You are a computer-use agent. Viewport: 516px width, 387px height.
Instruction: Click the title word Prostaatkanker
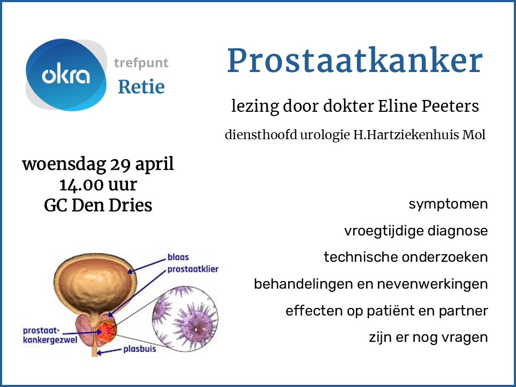pyautogui.click(x=354, y=61)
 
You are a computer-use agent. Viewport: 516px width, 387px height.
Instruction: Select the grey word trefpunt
pyautogui.click(x=141, y=63)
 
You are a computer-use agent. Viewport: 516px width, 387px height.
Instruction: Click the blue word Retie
pyautogui.click(x=141, y=86)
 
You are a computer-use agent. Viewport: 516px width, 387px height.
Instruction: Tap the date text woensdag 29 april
pyautogui.click(x=98, y=164)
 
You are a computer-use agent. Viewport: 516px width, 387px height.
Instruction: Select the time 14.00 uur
pyautogui.click(x=98, y=184)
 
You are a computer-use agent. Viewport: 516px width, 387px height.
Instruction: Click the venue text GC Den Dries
pyautogui.click(x=98, y=205)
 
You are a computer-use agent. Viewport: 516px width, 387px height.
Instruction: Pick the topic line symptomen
pyautogui.click(x=448, y=204)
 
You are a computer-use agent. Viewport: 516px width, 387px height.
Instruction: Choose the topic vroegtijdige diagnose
pyautogui.click(x=416, y=231)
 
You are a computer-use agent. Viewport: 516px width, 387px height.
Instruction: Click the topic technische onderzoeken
pyautogui.click(x=406, y=257)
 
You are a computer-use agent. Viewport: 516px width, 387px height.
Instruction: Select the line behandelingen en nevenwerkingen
pyautogui.click(x=371, y=284)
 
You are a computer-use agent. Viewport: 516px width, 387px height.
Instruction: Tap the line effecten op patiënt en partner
pyautogui.click(x=386, y=311)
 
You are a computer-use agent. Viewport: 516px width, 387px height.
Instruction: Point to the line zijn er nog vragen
pyautogui.click(x=428, y=338)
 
